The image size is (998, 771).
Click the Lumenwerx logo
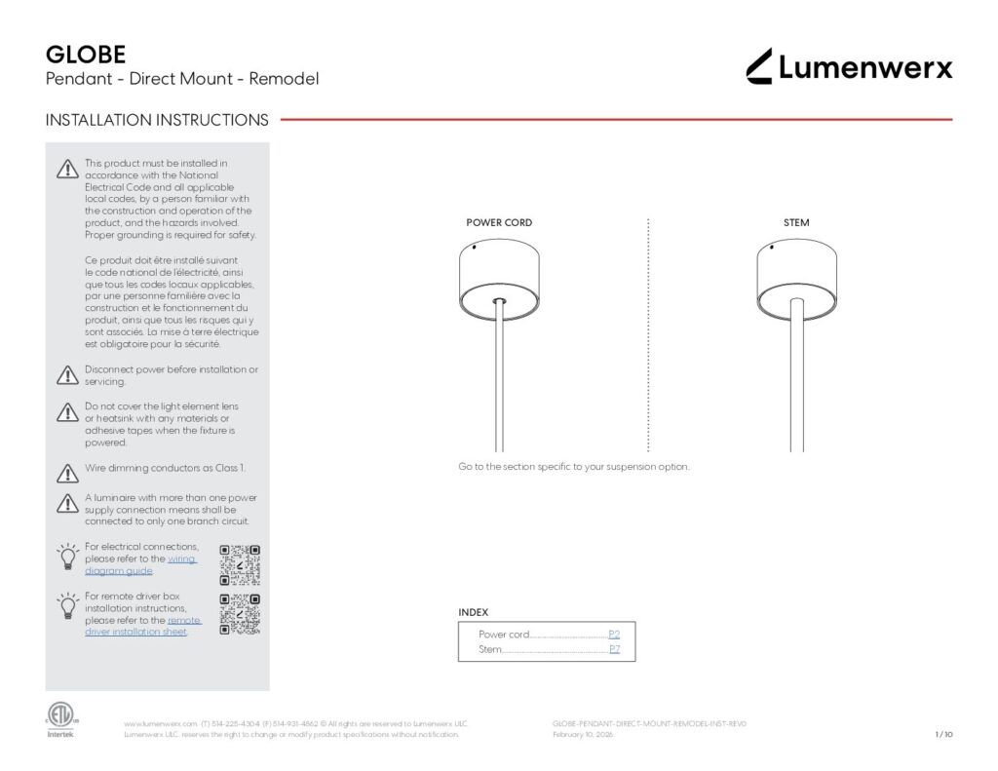849,66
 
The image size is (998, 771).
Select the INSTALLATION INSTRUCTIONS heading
157,121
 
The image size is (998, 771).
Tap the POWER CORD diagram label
499,223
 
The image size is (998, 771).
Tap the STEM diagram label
796,223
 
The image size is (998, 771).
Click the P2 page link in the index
614,635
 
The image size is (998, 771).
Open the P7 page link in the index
614,649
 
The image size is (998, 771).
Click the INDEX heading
474,612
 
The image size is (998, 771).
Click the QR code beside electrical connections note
240,563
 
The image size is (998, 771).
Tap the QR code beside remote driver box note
240,614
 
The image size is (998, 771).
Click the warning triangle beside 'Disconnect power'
67,375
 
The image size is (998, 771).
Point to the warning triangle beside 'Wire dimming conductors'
67,474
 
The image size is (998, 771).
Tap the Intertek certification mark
60,719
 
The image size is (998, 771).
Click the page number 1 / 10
942,735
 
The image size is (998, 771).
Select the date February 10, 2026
583,735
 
